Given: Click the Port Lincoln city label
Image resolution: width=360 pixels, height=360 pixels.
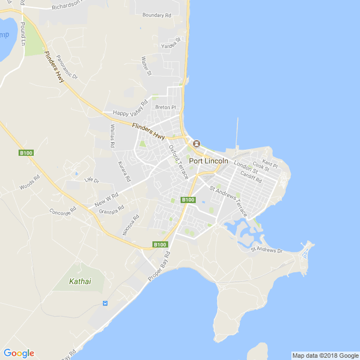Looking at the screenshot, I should [x=209, y=161].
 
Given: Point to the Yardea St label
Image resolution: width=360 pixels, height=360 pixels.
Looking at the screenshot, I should [x=172, y=43].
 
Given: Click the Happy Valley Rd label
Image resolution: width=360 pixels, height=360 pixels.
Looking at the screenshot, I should [x=130, y=108].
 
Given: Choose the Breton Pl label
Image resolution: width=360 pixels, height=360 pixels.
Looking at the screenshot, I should [x=166, y=107].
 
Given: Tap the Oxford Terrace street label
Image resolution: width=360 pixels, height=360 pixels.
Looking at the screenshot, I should [x=179, y=162].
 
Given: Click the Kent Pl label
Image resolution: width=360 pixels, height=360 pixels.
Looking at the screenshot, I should [x=270, y=164].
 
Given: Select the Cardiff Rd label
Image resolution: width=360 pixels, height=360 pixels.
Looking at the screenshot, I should [x=251, y=177].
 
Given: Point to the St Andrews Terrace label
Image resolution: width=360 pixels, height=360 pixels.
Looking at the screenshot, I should [x=228, y=201].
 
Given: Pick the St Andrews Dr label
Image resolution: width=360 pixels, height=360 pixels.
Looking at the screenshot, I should [x=267, y=249].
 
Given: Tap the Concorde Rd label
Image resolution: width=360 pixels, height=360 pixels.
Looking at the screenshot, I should [x=62, y=212].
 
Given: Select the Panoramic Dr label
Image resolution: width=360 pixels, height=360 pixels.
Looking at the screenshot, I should [x=67, y=67].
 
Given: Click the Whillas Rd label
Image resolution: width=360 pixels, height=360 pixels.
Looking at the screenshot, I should [x=112, y=136].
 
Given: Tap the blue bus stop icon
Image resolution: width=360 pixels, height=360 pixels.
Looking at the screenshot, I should [x=105, y=304].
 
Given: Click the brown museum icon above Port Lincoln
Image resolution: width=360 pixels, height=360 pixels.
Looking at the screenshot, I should [x=196, y=144].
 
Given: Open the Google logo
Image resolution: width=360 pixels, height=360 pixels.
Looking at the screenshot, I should [x=19, y=353].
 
